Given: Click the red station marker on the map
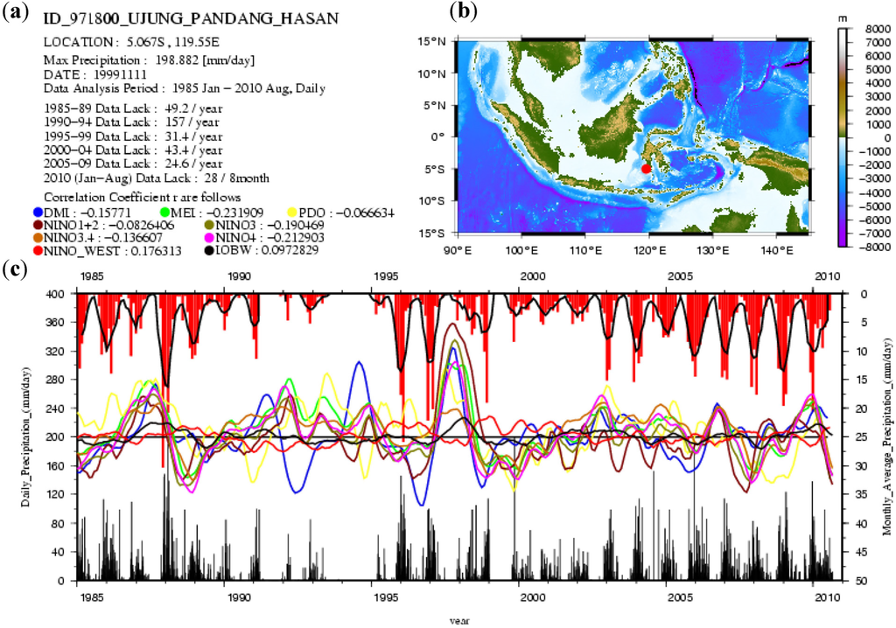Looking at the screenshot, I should pos(646,169).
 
